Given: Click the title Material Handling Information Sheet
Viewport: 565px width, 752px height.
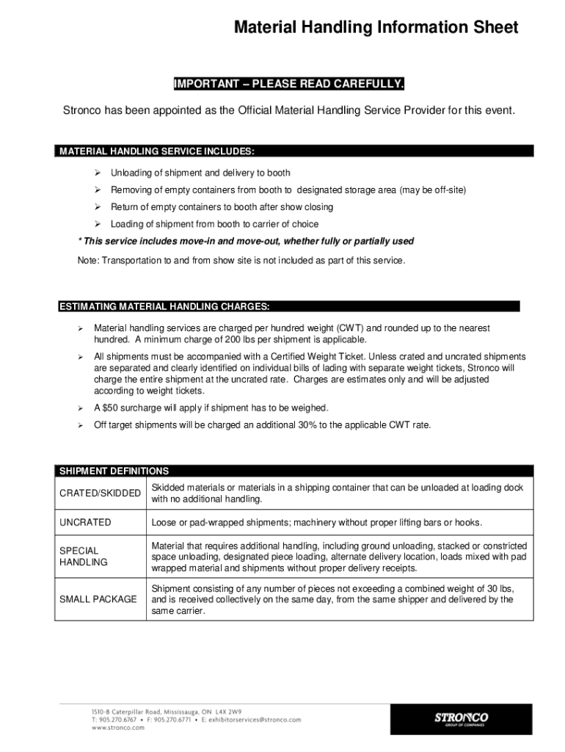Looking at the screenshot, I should pyautogui.click(x=376, y=28).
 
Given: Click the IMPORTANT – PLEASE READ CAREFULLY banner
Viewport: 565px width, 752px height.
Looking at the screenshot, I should pyautogui.click(x=288, y=84).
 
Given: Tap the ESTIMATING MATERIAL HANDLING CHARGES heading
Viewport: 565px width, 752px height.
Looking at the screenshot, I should pyautogui.click(x=164, y=306).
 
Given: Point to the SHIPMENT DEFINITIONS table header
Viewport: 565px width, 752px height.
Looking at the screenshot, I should pyautogui.click(x=114, y=471).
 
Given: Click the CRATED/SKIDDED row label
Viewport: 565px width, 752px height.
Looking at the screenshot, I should pyautogui.click(x=100, y=493).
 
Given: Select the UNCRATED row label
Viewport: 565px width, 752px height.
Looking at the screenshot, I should pyautogui.click(x=85, y=522).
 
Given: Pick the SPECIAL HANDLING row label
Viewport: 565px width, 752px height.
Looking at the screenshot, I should pyautogui.click(x=83, y=556).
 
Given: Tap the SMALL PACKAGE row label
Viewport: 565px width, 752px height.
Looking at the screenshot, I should pyautogui.click(x=98, y=599).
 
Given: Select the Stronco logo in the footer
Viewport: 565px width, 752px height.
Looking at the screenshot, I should pyautogui.click(x=461, y=717).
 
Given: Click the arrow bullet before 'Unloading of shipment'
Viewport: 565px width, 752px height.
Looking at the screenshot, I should pyautogui.click(x=96, y=173).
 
